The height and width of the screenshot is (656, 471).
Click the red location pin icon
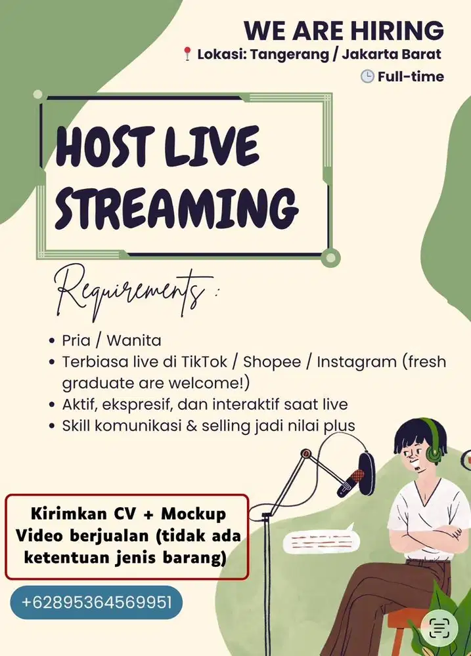pyautogui.click(x=188, y=55)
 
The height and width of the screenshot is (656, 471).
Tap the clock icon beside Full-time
pyautogui.click(x=367, y=77)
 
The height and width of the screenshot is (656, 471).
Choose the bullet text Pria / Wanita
pyautogui.click(x=111, y=340)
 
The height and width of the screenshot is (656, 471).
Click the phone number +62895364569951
pyautogui.click(x=97, y=602)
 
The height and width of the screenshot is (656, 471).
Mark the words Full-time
pyautogui.click(x=411, y=77)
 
